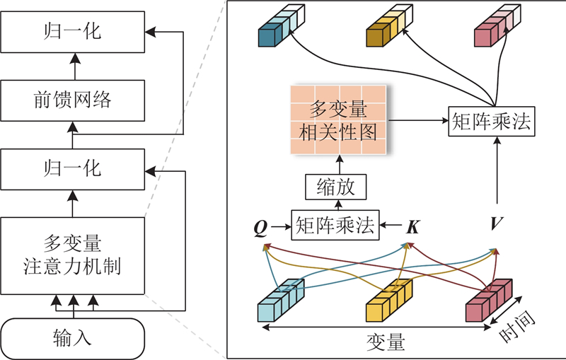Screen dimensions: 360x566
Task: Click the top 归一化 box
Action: [x=72, y=32]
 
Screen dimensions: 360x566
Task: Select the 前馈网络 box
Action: [x=72, y=100]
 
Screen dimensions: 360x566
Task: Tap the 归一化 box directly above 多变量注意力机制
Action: [x=72, y=168]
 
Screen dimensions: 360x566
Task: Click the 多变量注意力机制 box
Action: [x=72, y=256]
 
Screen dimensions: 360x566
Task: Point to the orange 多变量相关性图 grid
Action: [x=338, y=120]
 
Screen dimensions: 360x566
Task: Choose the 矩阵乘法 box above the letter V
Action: [x=492, y=122]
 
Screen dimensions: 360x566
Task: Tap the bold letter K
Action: [x=412, y=227]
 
